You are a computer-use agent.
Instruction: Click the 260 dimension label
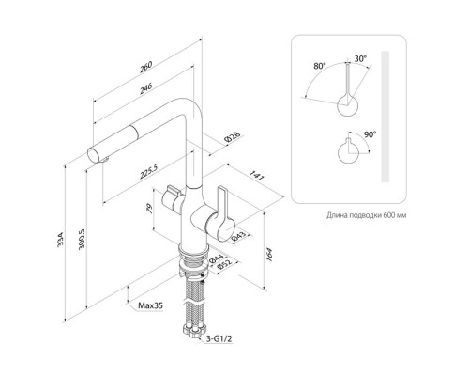point(145,67)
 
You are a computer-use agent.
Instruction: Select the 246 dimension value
point(145,87)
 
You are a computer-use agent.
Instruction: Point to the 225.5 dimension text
point(148,172)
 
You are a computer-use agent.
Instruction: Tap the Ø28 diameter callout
point(233,137)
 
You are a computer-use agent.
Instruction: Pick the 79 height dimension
point(149,209)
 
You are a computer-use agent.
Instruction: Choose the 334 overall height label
point(61,240)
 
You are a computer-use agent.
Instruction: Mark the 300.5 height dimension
point(82,240)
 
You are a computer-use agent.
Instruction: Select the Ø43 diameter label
point(239,237)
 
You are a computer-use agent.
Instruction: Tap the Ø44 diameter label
point(216,258)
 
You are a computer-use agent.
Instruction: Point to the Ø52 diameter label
point(224,264)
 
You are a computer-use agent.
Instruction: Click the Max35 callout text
point(151,305)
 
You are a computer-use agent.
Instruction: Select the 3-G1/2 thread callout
point(219,338)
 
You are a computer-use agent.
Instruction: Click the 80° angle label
point(320,66)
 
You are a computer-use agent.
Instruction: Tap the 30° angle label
point(360,58)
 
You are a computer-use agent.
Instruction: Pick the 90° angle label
point(370,134)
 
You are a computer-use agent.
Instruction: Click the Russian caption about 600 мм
point(367,215)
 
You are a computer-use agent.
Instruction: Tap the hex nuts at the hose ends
point(194,331)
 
